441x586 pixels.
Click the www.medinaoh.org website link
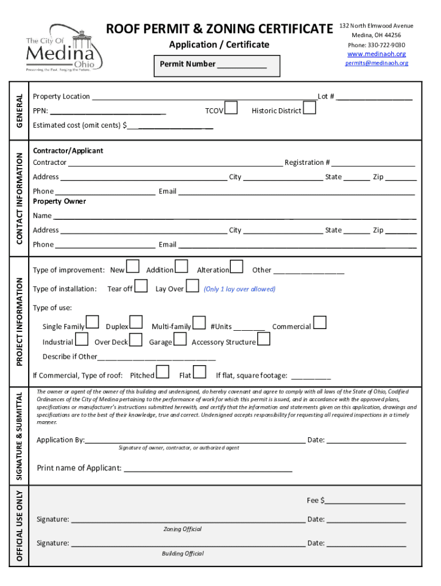(376, 54)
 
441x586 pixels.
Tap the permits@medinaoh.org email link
(376, 63)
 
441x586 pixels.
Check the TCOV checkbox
(231, 108)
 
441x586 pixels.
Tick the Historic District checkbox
(309, 108)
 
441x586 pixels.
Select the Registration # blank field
(373, 163)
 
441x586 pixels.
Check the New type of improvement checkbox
(132, 267)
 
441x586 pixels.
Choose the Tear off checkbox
(141, 286)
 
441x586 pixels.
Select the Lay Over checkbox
(192, 286)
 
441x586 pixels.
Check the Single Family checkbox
(92, 323)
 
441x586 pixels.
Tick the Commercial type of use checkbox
(320, 323)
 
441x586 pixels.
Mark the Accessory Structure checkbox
(264, 339)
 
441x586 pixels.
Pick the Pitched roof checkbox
(163, 373)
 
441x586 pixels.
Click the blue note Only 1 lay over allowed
(239, 289)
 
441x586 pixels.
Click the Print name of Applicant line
(208, 469)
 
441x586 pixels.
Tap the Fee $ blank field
(365, 501)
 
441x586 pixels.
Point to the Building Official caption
(183, 553)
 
